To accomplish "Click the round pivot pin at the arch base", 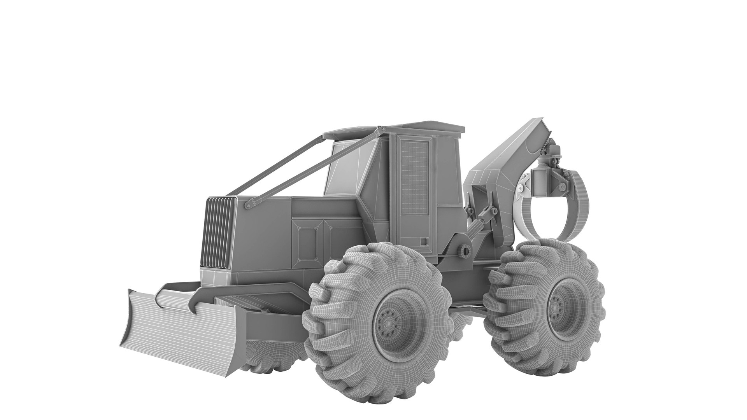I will click(464, 251).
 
